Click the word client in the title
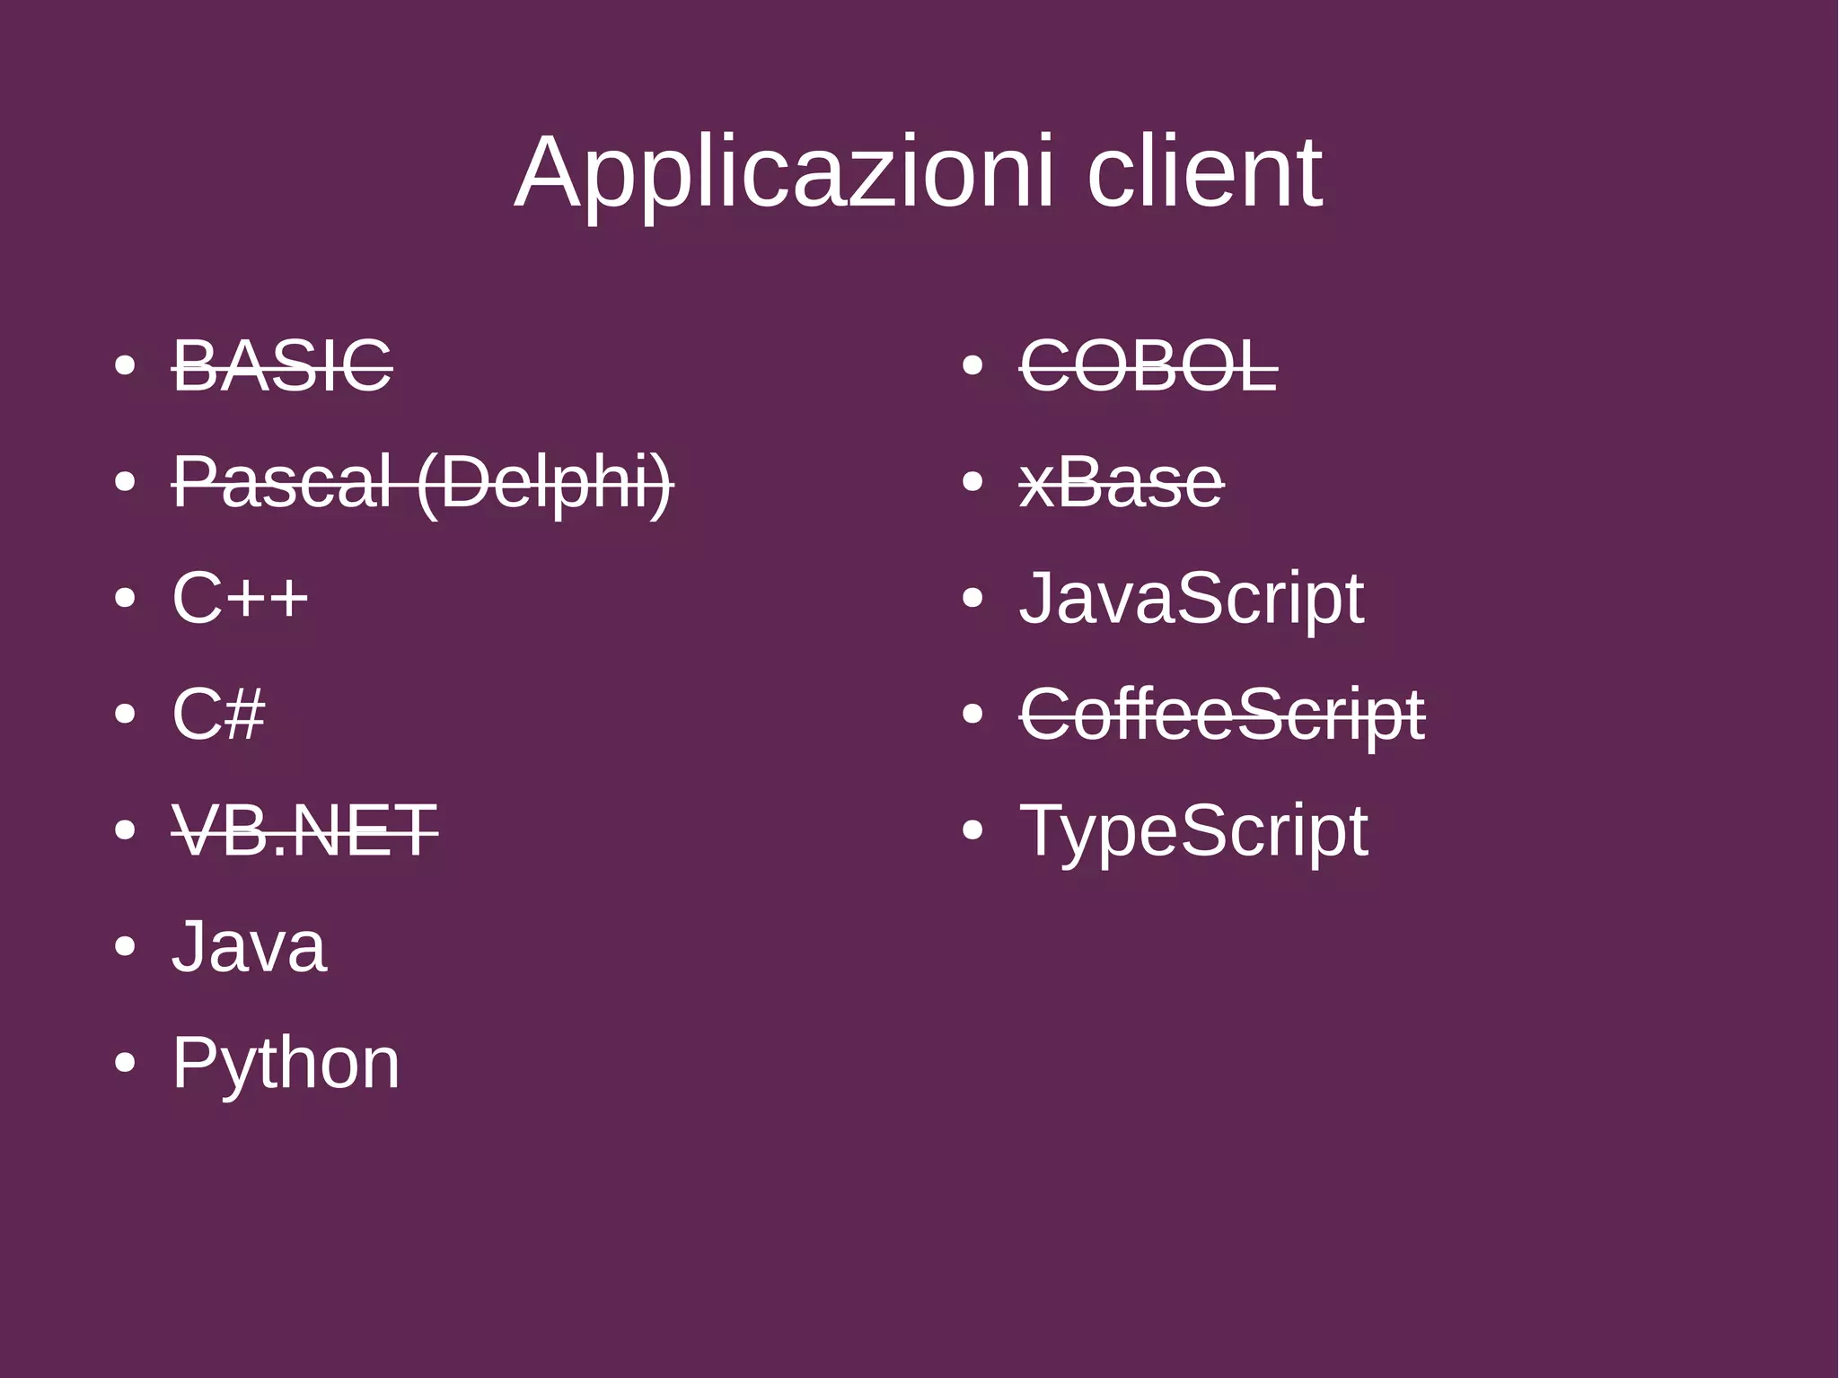click(1204, 172)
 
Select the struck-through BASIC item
click(282, 366)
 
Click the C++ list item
click(240, 598)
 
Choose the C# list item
click(218, 715)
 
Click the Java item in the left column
click(249, 947)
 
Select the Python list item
click(286, 1063)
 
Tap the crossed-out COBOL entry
click(1148, 366)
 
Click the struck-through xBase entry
click(1122, 482)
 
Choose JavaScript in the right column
click(1192, 598)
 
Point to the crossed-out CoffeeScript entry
click(1222, 715)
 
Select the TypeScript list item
click(1193, 830)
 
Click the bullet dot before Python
click(125, 1064)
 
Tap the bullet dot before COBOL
click(972, 366)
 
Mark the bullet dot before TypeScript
click(972, 831)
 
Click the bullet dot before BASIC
click(125, 366)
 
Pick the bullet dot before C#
click(125, 715)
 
